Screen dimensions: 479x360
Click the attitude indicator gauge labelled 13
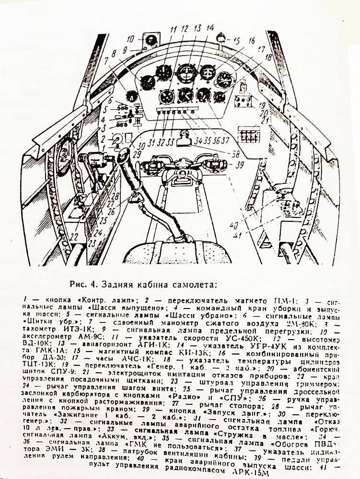pyautogui.click(x=185, y=73)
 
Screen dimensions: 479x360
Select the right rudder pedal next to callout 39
pyautogui.click(x=214, y=165)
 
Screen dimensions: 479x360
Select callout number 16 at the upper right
pyautogui.click(x=252, y=41)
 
